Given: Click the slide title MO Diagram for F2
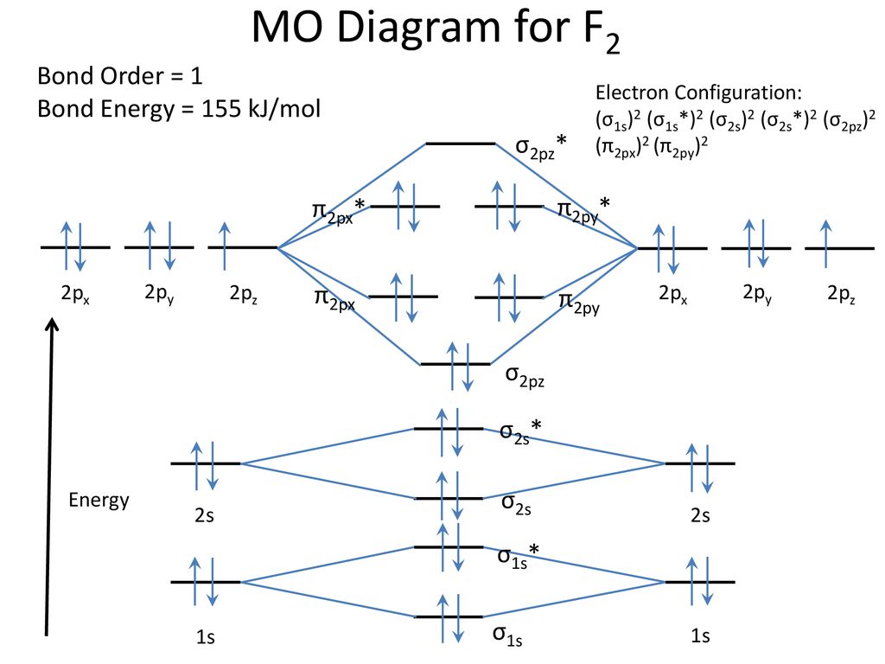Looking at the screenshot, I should [436, 31].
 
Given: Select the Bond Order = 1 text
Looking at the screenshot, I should [120, 76].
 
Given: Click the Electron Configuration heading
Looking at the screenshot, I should [698, 93].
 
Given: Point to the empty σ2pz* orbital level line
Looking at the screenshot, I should [461, 144].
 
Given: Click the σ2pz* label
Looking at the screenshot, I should [541, 147].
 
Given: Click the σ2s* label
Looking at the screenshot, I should [522, 431].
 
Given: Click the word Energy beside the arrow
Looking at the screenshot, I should [99, 500].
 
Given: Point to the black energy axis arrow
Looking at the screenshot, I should [50, 476].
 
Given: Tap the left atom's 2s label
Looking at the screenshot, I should [204, 516].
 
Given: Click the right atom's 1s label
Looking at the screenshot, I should [700, 637].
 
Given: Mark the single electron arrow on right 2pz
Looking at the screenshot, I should [826, 239].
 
